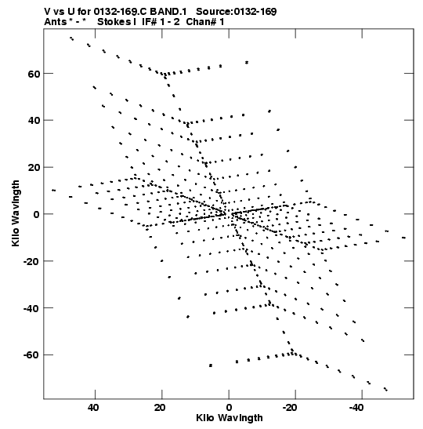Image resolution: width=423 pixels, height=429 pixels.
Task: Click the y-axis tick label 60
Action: click(34, 74)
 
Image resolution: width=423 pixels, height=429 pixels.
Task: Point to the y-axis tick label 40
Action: click(34, 121)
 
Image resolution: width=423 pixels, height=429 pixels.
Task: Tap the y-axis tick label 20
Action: click(34, 168)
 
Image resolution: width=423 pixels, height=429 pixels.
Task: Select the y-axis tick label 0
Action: click(36, 215)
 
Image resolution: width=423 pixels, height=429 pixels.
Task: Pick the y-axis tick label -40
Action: click(31, 308)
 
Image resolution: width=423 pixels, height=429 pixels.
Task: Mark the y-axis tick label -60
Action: click(31, 355)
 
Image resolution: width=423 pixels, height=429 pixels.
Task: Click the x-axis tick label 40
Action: click(93, 408)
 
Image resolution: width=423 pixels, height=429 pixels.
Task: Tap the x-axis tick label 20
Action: click(160, 408)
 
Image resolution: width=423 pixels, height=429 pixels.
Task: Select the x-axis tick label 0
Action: click(229, 408)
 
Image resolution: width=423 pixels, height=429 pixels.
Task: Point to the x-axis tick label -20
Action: click(289, 408)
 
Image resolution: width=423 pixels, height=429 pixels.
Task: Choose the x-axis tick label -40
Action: click(356, 408)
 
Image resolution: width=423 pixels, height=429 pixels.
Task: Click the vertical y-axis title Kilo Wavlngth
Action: click(16, 213)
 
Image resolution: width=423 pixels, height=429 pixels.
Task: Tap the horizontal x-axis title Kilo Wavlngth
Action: click(230, 418)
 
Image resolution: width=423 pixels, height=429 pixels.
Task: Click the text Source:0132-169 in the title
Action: click(237, 12)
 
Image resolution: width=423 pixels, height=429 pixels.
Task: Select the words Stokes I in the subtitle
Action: click(117, 22)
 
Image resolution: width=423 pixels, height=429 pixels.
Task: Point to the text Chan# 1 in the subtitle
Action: click(205, 22)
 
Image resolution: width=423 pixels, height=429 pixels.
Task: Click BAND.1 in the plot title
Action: click(168, 12)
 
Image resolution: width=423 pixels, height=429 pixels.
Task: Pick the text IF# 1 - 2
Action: click(161, 22)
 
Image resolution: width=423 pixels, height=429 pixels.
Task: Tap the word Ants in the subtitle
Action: click(56, 22)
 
